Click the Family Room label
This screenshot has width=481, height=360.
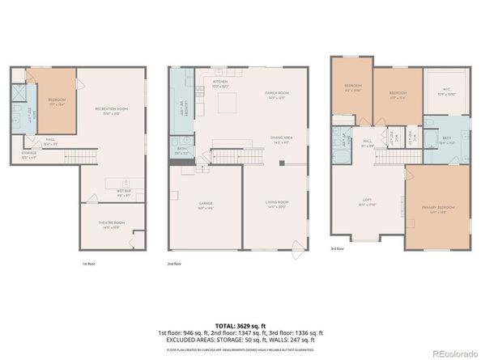pos(278,94)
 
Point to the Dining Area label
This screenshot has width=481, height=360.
pos(281,139)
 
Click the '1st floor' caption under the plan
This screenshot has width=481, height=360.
pos(87,264)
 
